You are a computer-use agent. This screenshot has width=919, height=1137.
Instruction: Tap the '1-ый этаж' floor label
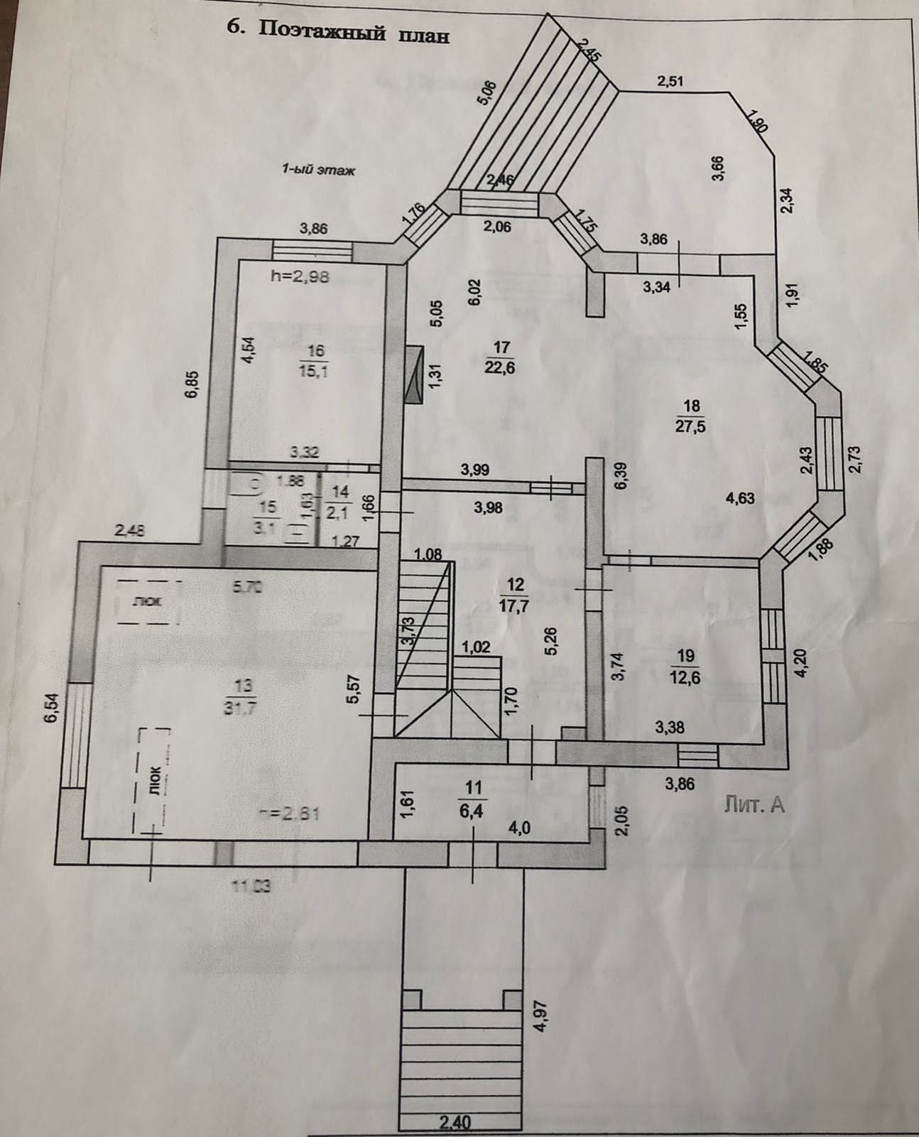click(318, 169)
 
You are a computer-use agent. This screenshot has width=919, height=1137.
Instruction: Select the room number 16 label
click(316, 350)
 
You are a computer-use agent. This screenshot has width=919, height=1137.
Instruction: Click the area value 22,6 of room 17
click(502, 367)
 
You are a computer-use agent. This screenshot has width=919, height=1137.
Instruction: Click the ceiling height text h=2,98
click(300, 278)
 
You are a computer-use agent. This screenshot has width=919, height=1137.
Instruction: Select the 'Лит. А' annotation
click(754, 805)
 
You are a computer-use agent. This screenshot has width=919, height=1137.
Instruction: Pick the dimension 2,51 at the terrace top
click(669, 81)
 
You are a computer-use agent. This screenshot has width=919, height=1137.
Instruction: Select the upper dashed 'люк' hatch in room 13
click(148, 601)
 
